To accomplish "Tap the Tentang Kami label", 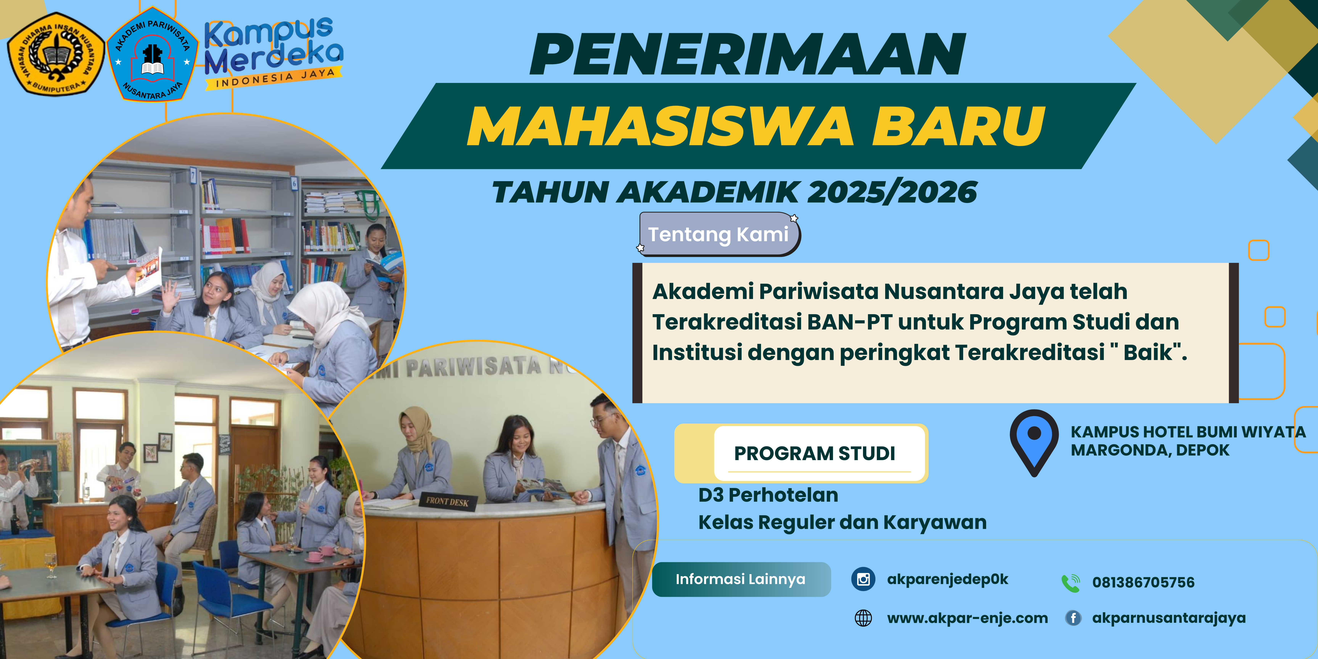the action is point(718,234).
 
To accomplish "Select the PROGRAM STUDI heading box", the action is point(801,453).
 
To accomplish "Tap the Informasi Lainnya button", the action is point(741,579).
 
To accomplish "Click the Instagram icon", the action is point(863,579).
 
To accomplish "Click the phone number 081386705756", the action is point(1143,582).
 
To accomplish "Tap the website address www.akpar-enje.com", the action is point(967,618).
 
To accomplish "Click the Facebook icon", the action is point(1073,618).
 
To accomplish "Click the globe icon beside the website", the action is point(863,618).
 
